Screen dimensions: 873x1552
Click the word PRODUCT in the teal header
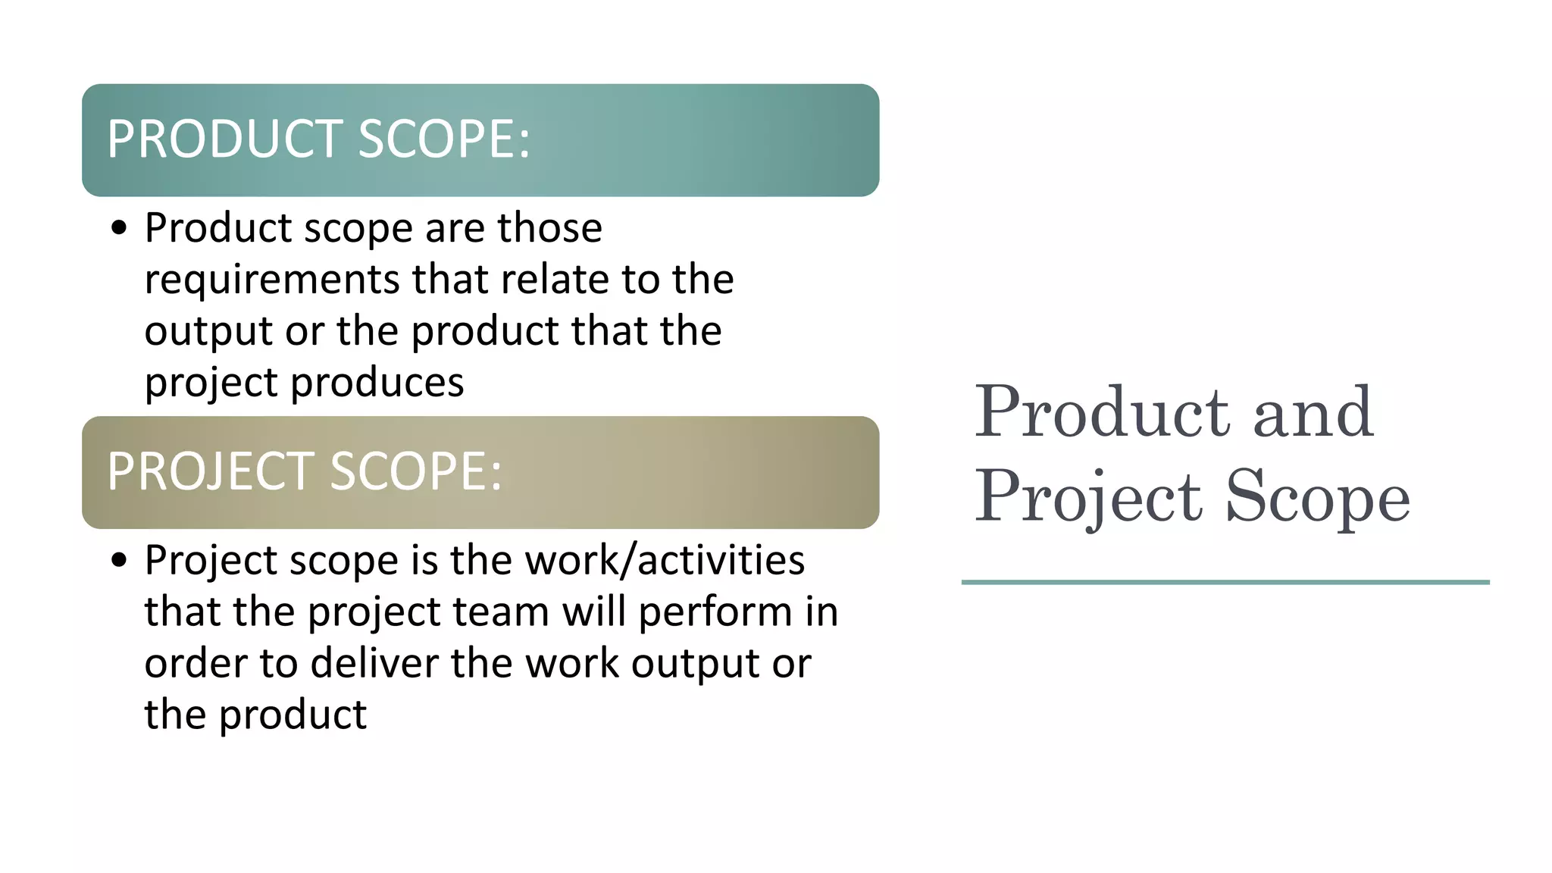pos(224,139)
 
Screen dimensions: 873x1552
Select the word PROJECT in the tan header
pos(211,471)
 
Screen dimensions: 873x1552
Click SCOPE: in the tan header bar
pos(416,471)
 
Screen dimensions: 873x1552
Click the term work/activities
pos(665,561)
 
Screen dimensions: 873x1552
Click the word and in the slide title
pos(1313,413)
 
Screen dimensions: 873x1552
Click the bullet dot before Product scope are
pos(118,228)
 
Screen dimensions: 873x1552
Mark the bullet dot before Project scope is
pos(118,561)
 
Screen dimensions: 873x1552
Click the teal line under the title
pos(1225,582)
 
